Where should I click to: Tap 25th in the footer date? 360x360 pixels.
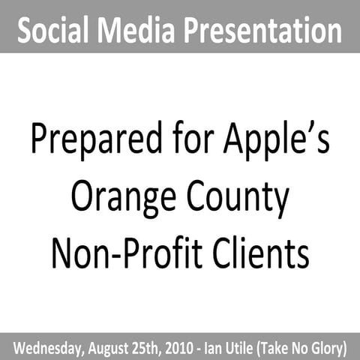pyautogui.click(x=155, y=348)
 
